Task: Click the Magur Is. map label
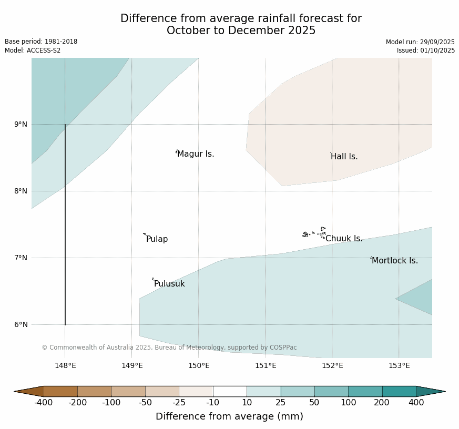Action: coord(196,154)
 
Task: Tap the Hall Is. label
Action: coord(344,157)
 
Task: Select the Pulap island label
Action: coord(157,239)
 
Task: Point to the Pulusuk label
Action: coord(169,284)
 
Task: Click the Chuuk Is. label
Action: coord(344,239)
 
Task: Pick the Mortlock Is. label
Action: coord(394,261)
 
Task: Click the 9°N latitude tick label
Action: coord(21,125)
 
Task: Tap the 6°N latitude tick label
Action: coord(21,325)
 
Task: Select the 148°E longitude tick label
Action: coord(65,366)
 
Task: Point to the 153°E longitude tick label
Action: coord(399,366)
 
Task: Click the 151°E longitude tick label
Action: coord(266,366)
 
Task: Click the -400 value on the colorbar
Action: coord(44,403)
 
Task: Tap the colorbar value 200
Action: coord(382,403)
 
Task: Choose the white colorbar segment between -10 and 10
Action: coord(230,391)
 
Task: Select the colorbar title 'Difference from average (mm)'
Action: coord(229,416)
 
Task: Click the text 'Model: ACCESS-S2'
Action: coord(33,50)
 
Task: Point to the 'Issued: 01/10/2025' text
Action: coord(426,50)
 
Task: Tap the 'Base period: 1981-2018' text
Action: coord(41,42)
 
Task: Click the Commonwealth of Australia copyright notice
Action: coord(169,348)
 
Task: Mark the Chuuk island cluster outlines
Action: coord(314,233)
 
